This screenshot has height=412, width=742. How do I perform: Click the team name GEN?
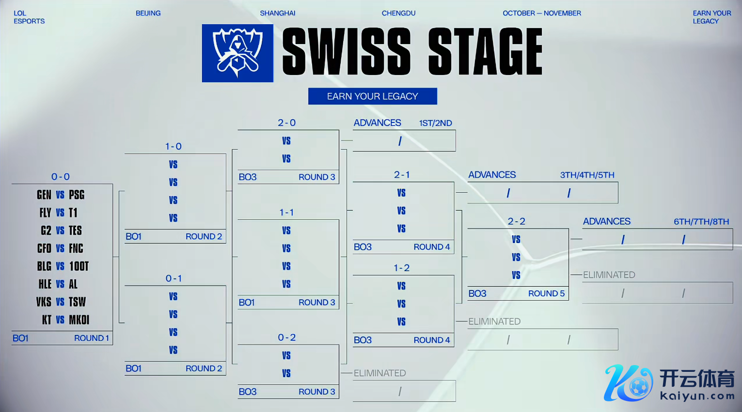point(44,195)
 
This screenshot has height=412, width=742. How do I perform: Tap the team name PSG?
point(77,195)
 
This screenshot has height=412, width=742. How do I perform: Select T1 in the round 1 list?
point(73,213)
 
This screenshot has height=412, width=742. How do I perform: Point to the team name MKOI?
point(79,320)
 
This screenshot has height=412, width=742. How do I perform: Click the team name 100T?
point(79,266)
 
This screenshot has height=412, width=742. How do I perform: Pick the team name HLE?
point(45,284)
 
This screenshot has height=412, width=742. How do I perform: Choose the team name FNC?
point(76,248)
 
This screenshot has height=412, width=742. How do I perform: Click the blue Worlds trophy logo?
point(237,53)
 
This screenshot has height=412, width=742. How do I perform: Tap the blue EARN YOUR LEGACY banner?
point(372,96)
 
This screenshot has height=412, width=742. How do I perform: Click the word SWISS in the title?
point(347,52)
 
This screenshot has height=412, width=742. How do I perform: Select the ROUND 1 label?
point(91,338)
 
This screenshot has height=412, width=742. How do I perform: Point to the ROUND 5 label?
point(546,293)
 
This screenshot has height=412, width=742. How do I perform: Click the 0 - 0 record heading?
point(61,177)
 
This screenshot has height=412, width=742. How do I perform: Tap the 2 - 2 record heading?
point(516,221)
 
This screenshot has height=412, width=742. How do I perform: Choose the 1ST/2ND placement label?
point(435,123)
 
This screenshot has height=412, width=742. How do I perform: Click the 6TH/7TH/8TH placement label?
point(701,222)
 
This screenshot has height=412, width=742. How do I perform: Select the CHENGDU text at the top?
point(398,13)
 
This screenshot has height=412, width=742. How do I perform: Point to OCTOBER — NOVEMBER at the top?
point(541,13)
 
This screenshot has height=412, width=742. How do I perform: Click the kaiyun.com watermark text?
point(697,396)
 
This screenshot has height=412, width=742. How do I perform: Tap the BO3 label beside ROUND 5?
point(477,293)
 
